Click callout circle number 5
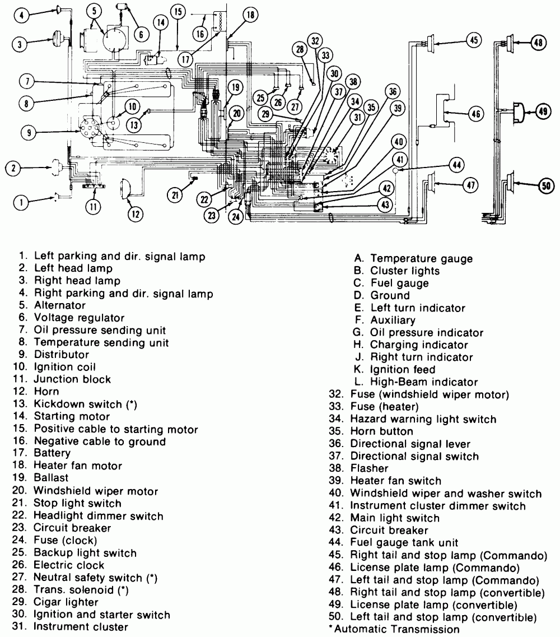coord(94,10)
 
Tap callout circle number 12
coord(135,213)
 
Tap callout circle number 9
coord(28,133)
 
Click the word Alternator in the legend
coord(60,305)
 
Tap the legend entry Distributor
coord(61,355)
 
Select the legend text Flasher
coord(369,468)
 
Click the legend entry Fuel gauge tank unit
coord(404,542)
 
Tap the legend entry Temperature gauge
coord(421,259)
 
